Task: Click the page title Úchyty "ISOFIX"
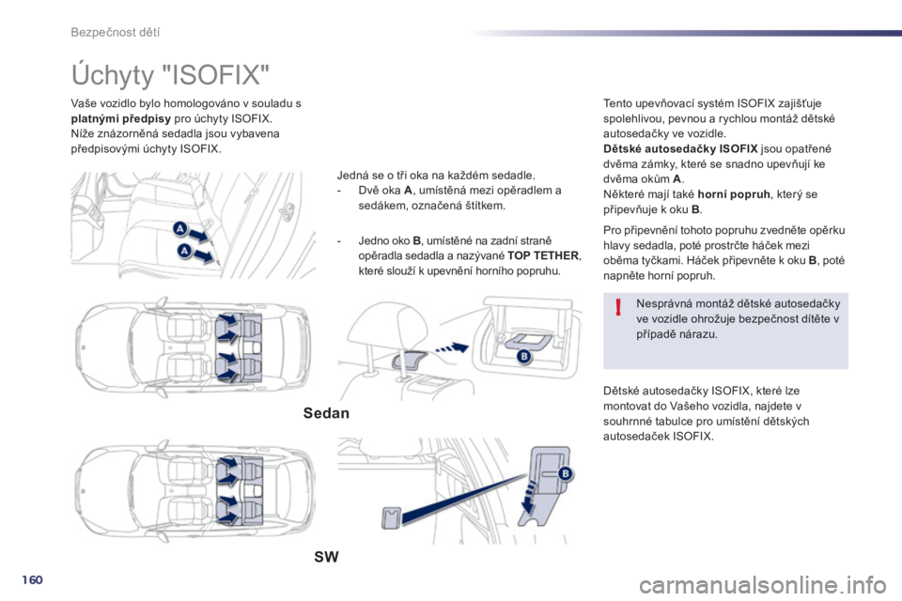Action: (170, 75)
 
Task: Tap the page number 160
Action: (32, 579)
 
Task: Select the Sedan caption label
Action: (326, 413)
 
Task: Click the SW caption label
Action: (326, 557)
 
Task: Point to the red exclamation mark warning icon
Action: (618, 307)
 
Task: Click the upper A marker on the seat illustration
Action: (180, 228)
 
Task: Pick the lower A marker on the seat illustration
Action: (184, 251)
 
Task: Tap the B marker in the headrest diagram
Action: (524, 357)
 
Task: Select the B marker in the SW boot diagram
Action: (565, 473)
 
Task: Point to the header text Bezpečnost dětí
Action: (115, 32)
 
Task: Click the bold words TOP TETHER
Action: (543, 255)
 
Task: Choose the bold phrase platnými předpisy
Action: (121, 118)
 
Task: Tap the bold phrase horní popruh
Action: (734, 194)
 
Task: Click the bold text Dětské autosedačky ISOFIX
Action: (680, 149)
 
